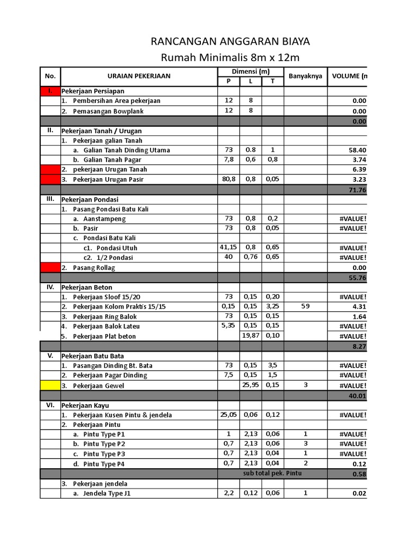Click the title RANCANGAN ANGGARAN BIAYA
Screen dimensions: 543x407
tap(231, 42)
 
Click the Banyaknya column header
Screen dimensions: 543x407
tap(305, 76)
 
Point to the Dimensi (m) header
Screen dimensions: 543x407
tap(251, 72)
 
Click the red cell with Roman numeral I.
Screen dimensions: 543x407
tap(50, 91)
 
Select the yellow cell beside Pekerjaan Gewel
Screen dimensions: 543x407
tap(50, 386)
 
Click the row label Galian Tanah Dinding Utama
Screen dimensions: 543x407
tap(122, 150)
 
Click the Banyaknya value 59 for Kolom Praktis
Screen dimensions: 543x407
tap(305, 306)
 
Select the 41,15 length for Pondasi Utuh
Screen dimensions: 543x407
tap(228, 248)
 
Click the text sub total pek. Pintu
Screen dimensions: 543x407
tap(272, 473)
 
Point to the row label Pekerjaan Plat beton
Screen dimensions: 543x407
tap(104, 336)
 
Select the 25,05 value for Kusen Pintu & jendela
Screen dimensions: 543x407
tap(228, 415)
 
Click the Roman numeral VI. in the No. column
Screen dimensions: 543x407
tap(50, 405)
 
